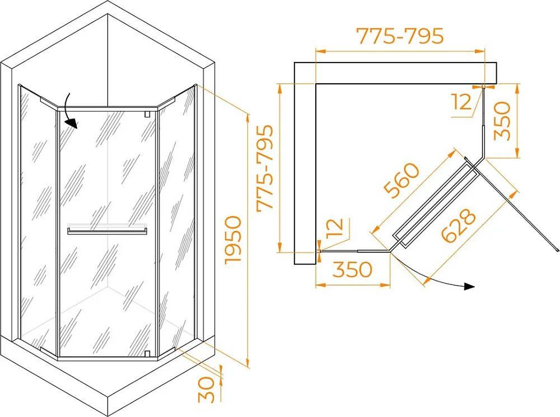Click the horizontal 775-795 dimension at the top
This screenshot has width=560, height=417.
coord(400,36)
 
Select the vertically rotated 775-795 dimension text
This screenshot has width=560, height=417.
coord(265,168)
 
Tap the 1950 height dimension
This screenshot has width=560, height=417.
coord(233,240)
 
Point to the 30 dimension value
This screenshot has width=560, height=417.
coord(207,390)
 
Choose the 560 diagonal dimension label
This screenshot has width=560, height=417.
coord(401,181)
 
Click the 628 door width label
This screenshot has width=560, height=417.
coord(459,225)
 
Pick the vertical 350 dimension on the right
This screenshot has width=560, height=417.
coord(502,121)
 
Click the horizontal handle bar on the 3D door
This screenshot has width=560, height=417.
coord(107,232)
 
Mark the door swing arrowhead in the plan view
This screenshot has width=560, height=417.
coord(469,287)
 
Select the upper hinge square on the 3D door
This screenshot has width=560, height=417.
coord(146,114)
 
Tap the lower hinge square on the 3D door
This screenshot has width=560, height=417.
coord(146,353)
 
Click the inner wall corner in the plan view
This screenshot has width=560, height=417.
coord(316,84)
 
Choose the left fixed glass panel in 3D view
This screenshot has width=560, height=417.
coord(39,221)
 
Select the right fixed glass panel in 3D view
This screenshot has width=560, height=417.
coord(176,221)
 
